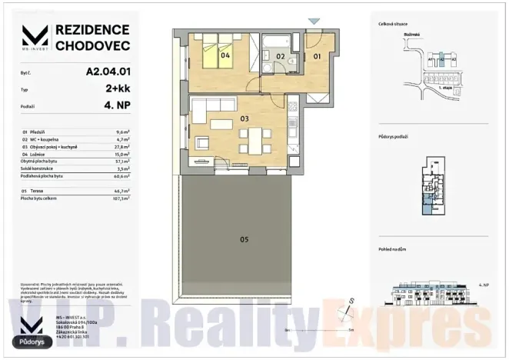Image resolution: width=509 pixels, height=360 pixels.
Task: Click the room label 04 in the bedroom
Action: click(226, 55)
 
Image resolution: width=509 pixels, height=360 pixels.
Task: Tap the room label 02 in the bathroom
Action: click(281, 56)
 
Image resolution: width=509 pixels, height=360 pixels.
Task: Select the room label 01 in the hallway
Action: click(317, 55)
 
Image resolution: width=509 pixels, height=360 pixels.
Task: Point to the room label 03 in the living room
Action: click(245, 118)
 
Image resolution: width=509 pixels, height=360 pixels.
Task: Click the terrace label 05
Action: click(244, 240)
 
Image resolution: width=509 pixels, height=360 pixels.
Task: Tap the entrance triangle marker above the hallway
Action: click(313, 22)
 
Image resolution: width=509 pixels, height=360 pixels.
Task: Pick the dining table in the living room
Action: click(254, 141)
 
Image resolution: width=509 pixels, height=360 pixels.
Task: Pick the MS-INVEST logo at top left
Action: click(33, 35)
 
